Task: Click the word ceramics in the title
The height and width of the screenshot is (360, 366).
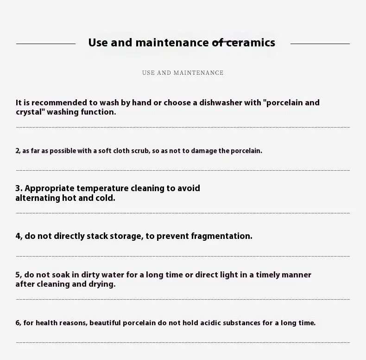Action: click(x=250, y=43)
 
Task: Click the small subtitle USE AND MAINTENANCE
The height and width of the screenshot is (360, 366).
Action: click(x=183, y=73)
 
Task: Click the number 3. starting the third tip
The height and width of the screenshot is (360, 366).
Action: click(x=19, y=188)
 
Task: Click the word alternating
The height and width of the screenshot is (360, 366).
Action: click(x=38, y=198)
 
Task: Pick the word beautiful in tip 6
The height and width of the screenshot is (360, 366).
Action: click(x=105, y=323)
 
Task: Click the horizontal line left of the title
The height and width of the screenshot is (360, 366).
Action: click(x=46, y=44)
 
